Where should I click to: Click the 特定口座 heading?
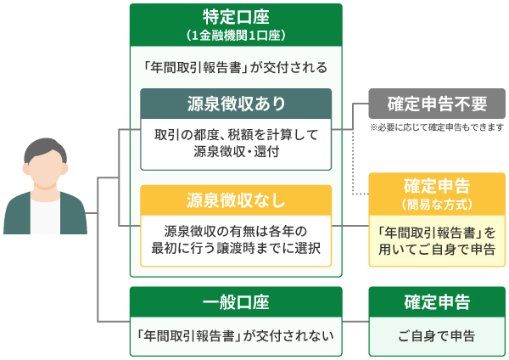tap(235, 17)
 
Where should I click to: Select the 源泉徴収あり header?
tap(235, 104)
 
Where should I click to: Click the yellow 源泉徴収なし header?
tap(235, 200)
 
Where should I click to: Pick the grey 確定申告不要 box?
tap(437, 104)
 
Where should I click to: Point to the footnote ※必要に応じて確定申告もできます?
tap(437, 127)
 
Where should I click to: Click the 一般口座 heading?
tap(235, 302)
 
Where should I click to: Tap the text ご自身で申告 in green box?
tap(437, 335)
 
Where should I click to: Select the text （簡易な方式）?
tap(437, 205)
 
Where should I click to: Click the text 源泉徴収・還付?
tap(235, 152)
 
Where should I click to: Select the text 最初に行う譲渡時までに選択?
tap(235, 248)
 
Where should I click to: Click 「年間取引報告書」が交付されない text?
tap(235, 335)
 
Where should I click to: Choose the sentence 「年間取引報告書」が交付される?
tap(235, 66)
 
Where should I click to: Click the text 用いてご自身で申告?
tap(437, 248)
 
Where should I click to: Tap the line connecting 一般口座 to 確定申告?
tap(355, 321)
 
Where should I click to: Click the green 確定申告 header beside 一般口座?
tap(437, 302)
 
